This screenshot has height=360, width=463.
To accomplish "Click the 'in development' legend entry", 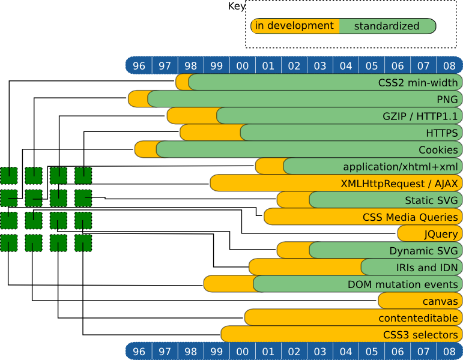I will tap(294, 26).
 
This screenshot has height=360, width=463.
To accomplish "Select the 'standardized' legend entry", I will tap(386, 26).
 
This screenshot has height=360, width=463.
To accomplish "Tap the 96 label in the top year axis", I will tap(139, 65).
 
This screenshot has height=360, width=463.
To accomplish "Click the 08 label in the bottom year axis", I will tap(449, 351).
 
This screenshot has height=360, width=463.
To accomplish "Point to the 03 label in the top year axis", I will tap(320, 65).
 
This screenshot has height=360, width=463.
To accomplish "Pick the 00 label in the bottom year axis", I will tap(243, 351).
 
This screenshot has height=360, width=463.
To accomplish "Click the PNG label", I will tap(447, 99).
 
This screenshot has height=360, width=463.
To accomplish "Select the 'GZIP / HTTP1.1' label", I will tap(420, 116).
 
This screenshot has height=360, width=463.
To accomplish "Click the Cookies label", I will tap(438, 149).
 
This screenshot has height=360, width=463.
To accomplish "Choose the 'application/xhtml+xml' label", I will tap(401, 166).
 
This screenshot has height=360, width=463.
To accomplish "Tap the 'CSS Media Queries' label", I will tap(411, 217).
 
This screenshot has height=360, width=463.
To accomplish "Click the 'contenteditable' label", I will tap(419, 317).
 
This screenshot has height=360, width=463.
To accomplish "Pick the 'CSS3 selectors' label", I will tap(420, 334).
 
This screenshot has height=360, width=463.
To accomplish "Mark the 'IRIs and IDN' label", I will tap(427, 267).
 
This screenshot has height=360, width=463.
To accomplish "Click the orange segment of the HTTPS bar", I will tap(210, 133).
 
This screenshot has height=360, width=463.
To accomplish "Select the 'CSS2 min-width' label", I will tap(418, 82).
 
